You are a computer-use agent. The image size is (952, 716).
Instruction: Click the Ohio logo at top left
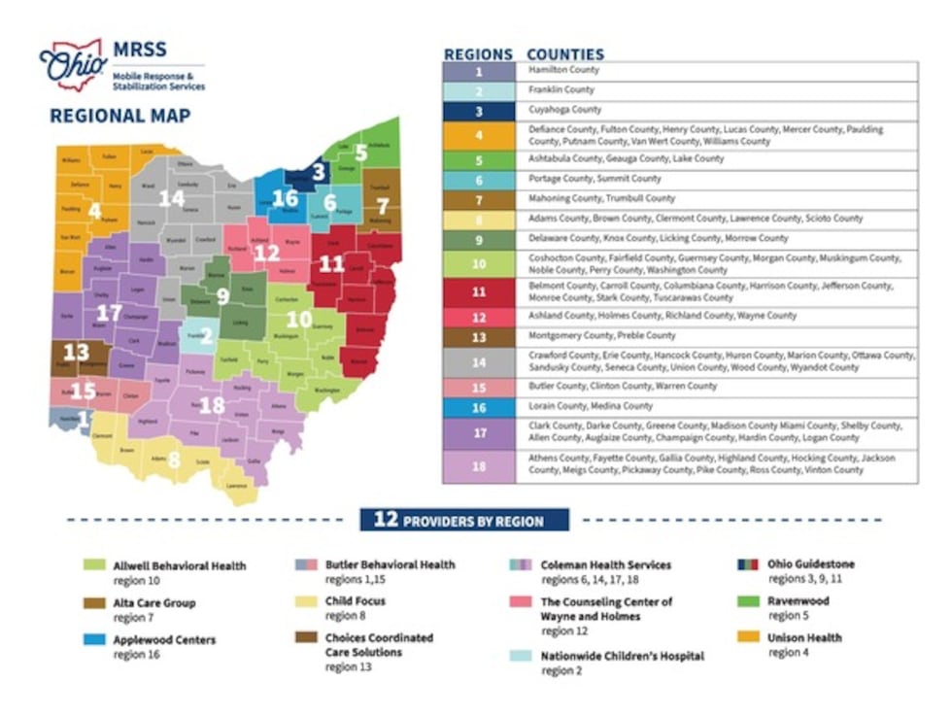(x=71, y=65)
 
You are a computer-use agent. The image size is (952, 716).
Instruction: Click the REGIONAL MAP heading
(x=119, y=117)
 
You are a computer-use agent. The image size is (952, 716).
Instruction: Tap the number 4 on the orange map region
(x=94, y=211)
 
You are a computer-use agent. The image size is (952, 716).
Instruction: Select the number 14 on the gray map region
(x=171, y=199)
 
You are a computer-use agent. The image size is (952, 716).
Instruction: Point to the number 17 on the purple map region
(x=110, y=313)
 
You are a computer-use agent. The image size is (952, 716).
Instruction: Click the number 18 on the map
(x=211, y=405)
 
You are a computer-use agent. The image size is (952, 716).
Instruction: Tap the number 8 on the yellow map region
(x=174, y=460)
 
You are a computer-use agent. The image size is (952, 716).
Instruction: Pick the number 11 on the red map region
(x=331, y=263)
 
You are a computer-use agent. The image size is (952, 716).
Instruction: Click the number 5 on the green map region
(x=360, y=153)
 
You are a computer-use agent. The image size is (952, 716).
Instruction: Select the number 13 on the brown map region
(x=75, y=352)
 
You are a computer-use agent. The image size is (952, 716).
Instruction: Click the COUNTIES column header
(x=564, y=54)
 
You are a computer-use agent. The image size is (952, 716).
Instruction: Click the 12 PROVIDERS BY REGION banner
(x=464, y=520)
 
